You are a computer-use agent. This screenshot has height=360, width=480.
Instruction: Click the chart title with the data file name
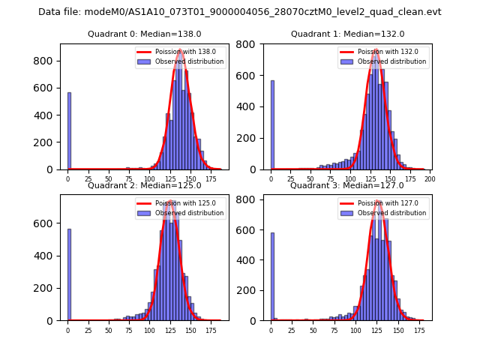click(x=240, y=12)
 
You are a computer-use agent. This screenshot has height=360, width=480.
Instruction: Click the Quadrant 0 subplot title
click(x=145, y=34)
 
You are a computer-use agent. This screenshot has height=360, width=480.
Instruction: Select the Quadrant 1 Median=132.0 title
click(x=347, y=34)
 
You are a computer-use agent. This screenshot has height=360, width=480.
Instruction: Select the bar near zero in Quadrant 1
click(x=272, y=124)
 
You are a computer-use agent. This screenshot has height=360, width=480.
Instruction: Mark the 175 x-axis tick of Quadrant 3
click(x=419, y=331)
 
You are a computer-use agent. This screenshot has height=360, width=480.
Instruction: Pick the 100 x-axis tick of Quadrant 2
click(x=149, y=331)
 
